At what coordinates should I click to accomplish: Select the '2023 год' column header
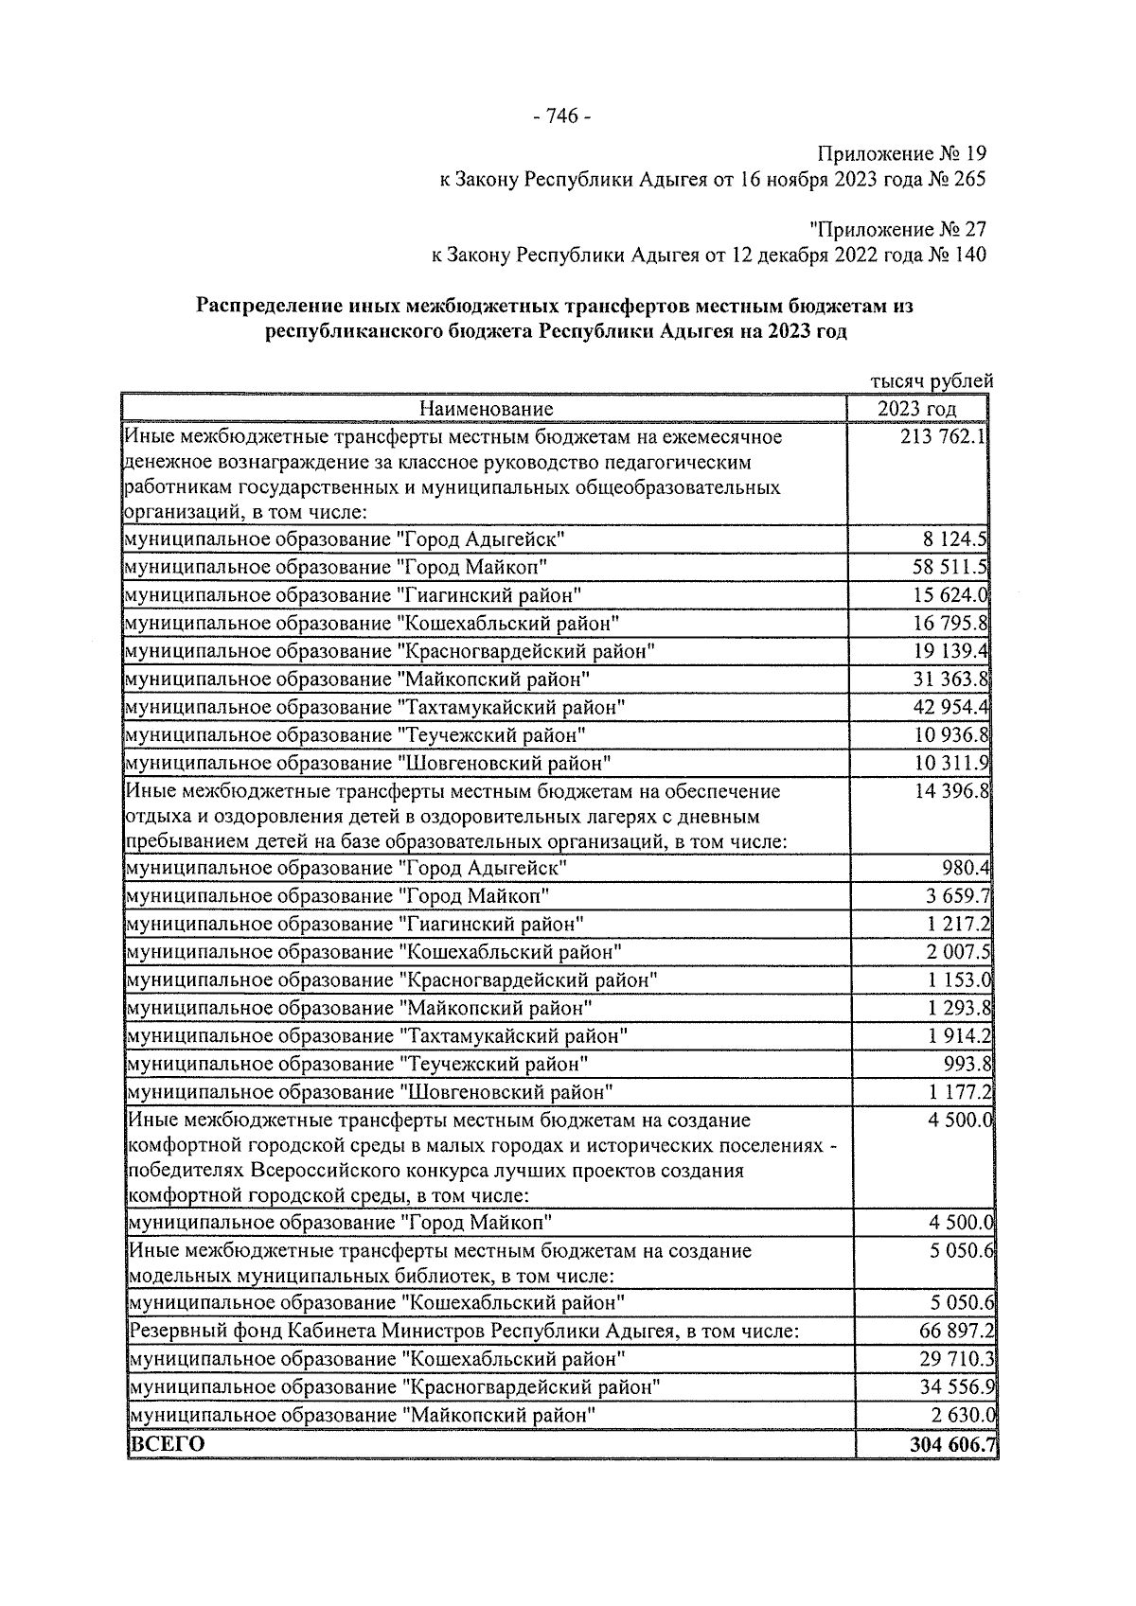click(x=916, y=409)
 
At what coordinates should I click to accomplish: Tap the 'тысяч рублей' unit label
click(x=932, y=381)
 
